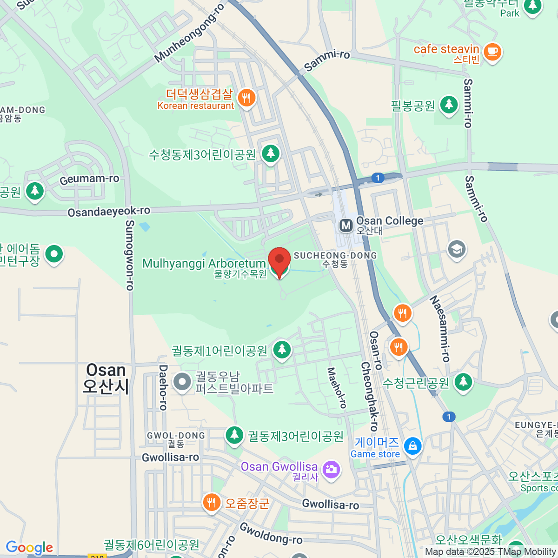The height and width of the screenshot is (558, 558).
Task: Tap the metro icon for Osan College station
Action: coord(345,226)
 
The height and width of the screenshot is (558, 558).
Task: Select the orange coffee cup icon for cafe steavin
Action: coord(492,51)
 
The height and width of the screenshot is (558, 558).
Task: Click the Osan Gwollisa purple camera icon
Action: coord(331,469)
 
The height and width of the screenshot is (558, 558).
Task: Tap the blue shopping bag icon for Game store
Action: coord(412,446)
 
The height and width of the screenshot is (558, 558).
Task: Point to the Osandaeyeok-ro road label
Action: coord(109,212)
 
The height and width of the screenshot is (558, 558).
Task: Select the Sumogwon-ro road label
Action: coord(130,255)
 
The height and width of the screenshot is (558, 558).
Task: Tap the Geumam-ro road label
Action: coord(89,179)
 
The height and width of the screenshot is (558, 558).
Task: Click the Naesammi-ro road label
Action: coord(440,328)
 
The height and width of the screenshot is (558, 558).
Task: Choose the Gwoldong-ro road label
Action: coord(271,533)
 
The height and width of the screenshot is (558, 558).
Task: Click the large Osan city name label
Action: coord(106,378)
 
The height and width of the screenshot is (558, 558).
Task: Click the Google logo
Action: coord(29,548)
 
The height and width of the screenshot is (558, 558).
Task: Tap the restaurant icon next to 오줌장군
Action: coord(212,503)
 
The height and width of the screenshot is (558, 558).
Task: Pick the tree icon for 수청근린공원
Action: coord(463,382)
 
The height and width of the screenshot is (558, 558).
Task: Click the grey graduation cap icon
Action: coord(457,249)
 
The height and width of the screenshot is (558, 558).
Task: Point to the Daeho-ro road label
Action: coord(163,387)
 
